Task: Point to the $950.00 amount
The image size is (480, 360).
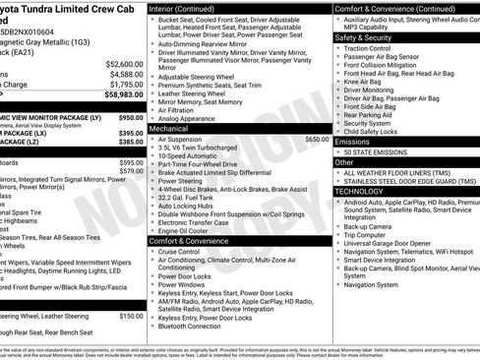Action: [131, 117]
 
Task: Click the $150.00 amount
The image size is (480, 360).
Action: [131, 316]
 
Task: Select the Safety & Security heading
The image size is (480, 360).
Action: [363, 37]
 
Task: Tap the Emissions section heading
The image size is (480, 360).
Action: [353, 142]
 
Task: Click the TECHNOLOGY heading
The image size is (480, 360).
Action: [359, 192]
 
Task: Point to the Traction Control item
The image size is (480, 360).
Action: [367, 48]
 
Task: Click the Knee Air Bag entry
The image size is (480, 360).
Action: [364, 81]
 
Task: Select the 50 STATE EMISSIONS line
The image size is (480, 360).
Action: [379, 152]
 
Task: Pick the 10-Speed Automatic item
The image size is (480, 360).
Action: [191, 156]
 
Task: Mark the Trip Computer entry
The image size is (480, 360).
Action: [365, 234]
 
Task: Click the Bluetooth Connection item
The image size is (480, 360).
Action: [190, 326]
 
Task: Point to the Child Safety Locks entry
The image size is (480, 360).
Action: [371, 131]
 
